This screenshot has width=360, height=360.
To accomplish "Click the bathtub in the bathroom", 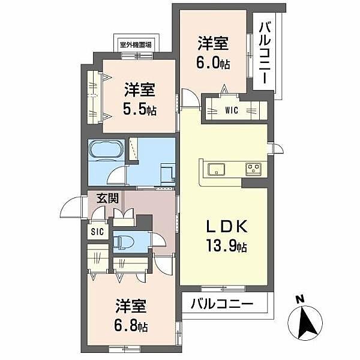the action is point(106,149).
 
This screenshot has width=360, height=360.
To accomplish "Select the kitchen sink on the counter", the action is point(216,169).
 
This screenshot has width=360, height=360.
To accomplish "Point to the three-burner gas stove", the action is point(253,169).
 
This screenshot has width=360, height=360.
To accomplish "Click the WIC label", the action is point(232,110).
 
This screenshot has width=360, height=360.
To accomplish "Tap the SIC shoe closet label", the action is point(97,232).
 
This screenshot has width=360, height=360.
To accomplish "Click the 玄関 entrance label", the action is point(107,198).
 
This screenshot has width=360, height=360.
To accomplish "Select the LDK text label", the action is point(227,226).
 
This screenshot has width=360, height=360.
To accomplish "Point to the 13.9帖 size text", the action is point(226,245).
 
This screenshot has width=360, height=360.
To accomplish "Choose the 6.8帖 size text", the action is point(131,325).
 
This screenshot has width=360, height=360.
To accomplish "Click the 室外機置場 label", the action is point(136,44).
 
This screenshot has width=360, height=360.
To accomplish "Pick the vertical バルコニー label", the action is point(265,53).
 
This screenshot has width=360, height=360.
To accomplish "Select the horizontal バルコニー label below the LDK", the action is point(222,304).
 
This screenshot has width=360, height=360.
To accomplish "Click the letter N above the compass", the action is point(300,299).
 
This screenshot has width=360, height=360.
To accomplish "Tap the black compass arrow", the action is point(306,324).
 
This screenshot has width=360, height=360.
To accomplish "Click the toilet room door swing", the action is point(159,239).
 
